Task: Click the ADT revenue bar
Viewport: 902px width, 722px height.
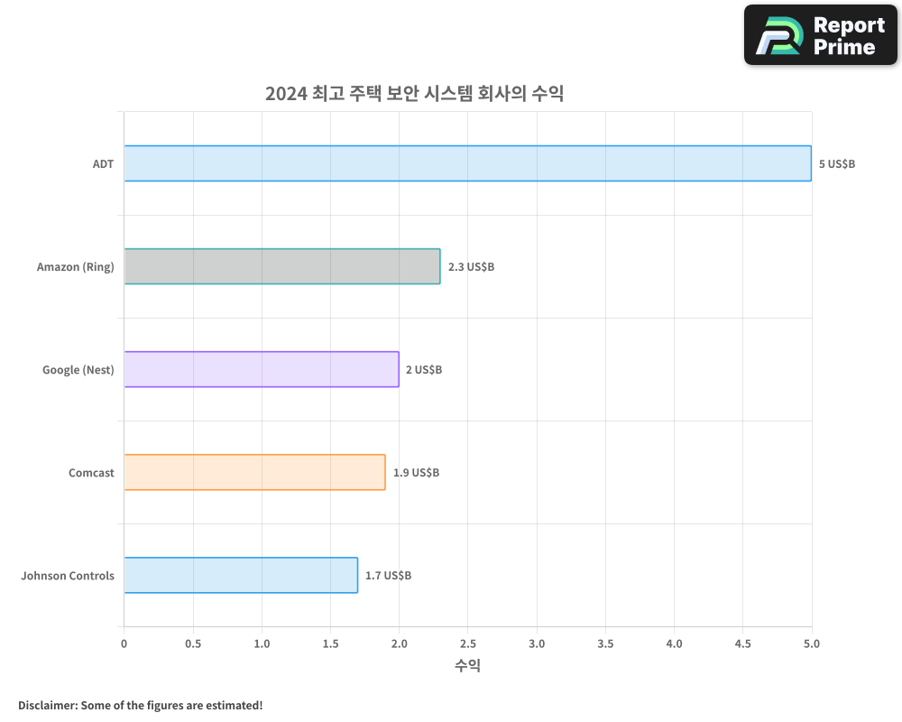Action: [467, 163]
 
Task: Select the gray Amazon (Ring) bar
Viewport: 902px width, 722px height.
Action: [282, 266]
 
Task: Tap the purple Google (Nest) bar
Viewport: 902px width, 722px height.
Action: [262, 369]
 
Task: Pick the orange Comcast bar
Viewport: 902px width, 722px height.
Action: [254, 472]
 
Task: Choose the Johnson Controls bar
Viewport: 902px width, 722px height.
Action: [241, 575]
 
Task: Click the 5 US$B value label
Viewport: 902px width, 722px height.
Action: [836, 164]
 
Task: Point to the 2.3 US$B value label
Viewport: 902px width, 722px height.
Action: [471, 267]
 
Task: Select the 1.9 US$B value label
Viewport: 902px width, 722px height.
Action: [416, 473]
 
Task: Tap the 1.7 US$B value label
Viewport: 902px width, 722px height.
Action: [388, 576]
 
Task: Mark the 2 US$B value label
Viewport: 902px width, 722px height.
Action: [423, 370]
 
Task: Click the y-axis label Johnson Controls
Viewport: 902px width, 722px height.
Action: [68, 576]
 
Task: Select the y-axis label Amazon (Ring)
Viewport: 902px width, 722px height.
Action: [76, 267]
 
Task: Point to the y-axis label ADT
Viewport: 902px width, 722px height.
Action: [103, 164]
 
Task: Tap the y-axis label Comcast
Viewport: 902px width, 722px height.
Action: [91, 473]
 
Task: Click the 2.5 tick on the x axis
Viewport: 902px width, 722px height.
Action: [468, 643]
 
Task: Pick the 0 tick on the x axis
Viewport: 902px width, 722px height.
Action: [124, 643]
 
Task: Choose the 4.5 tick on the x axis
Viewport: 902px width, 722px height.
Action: [743, 643]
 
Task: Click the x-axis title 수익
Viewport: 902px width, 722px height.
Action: [467, 666]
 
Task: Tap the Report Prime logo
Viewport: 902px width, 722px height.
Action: [821, 35]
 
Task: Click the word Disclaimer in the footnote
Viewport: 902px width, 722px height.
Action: [47, 705]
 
